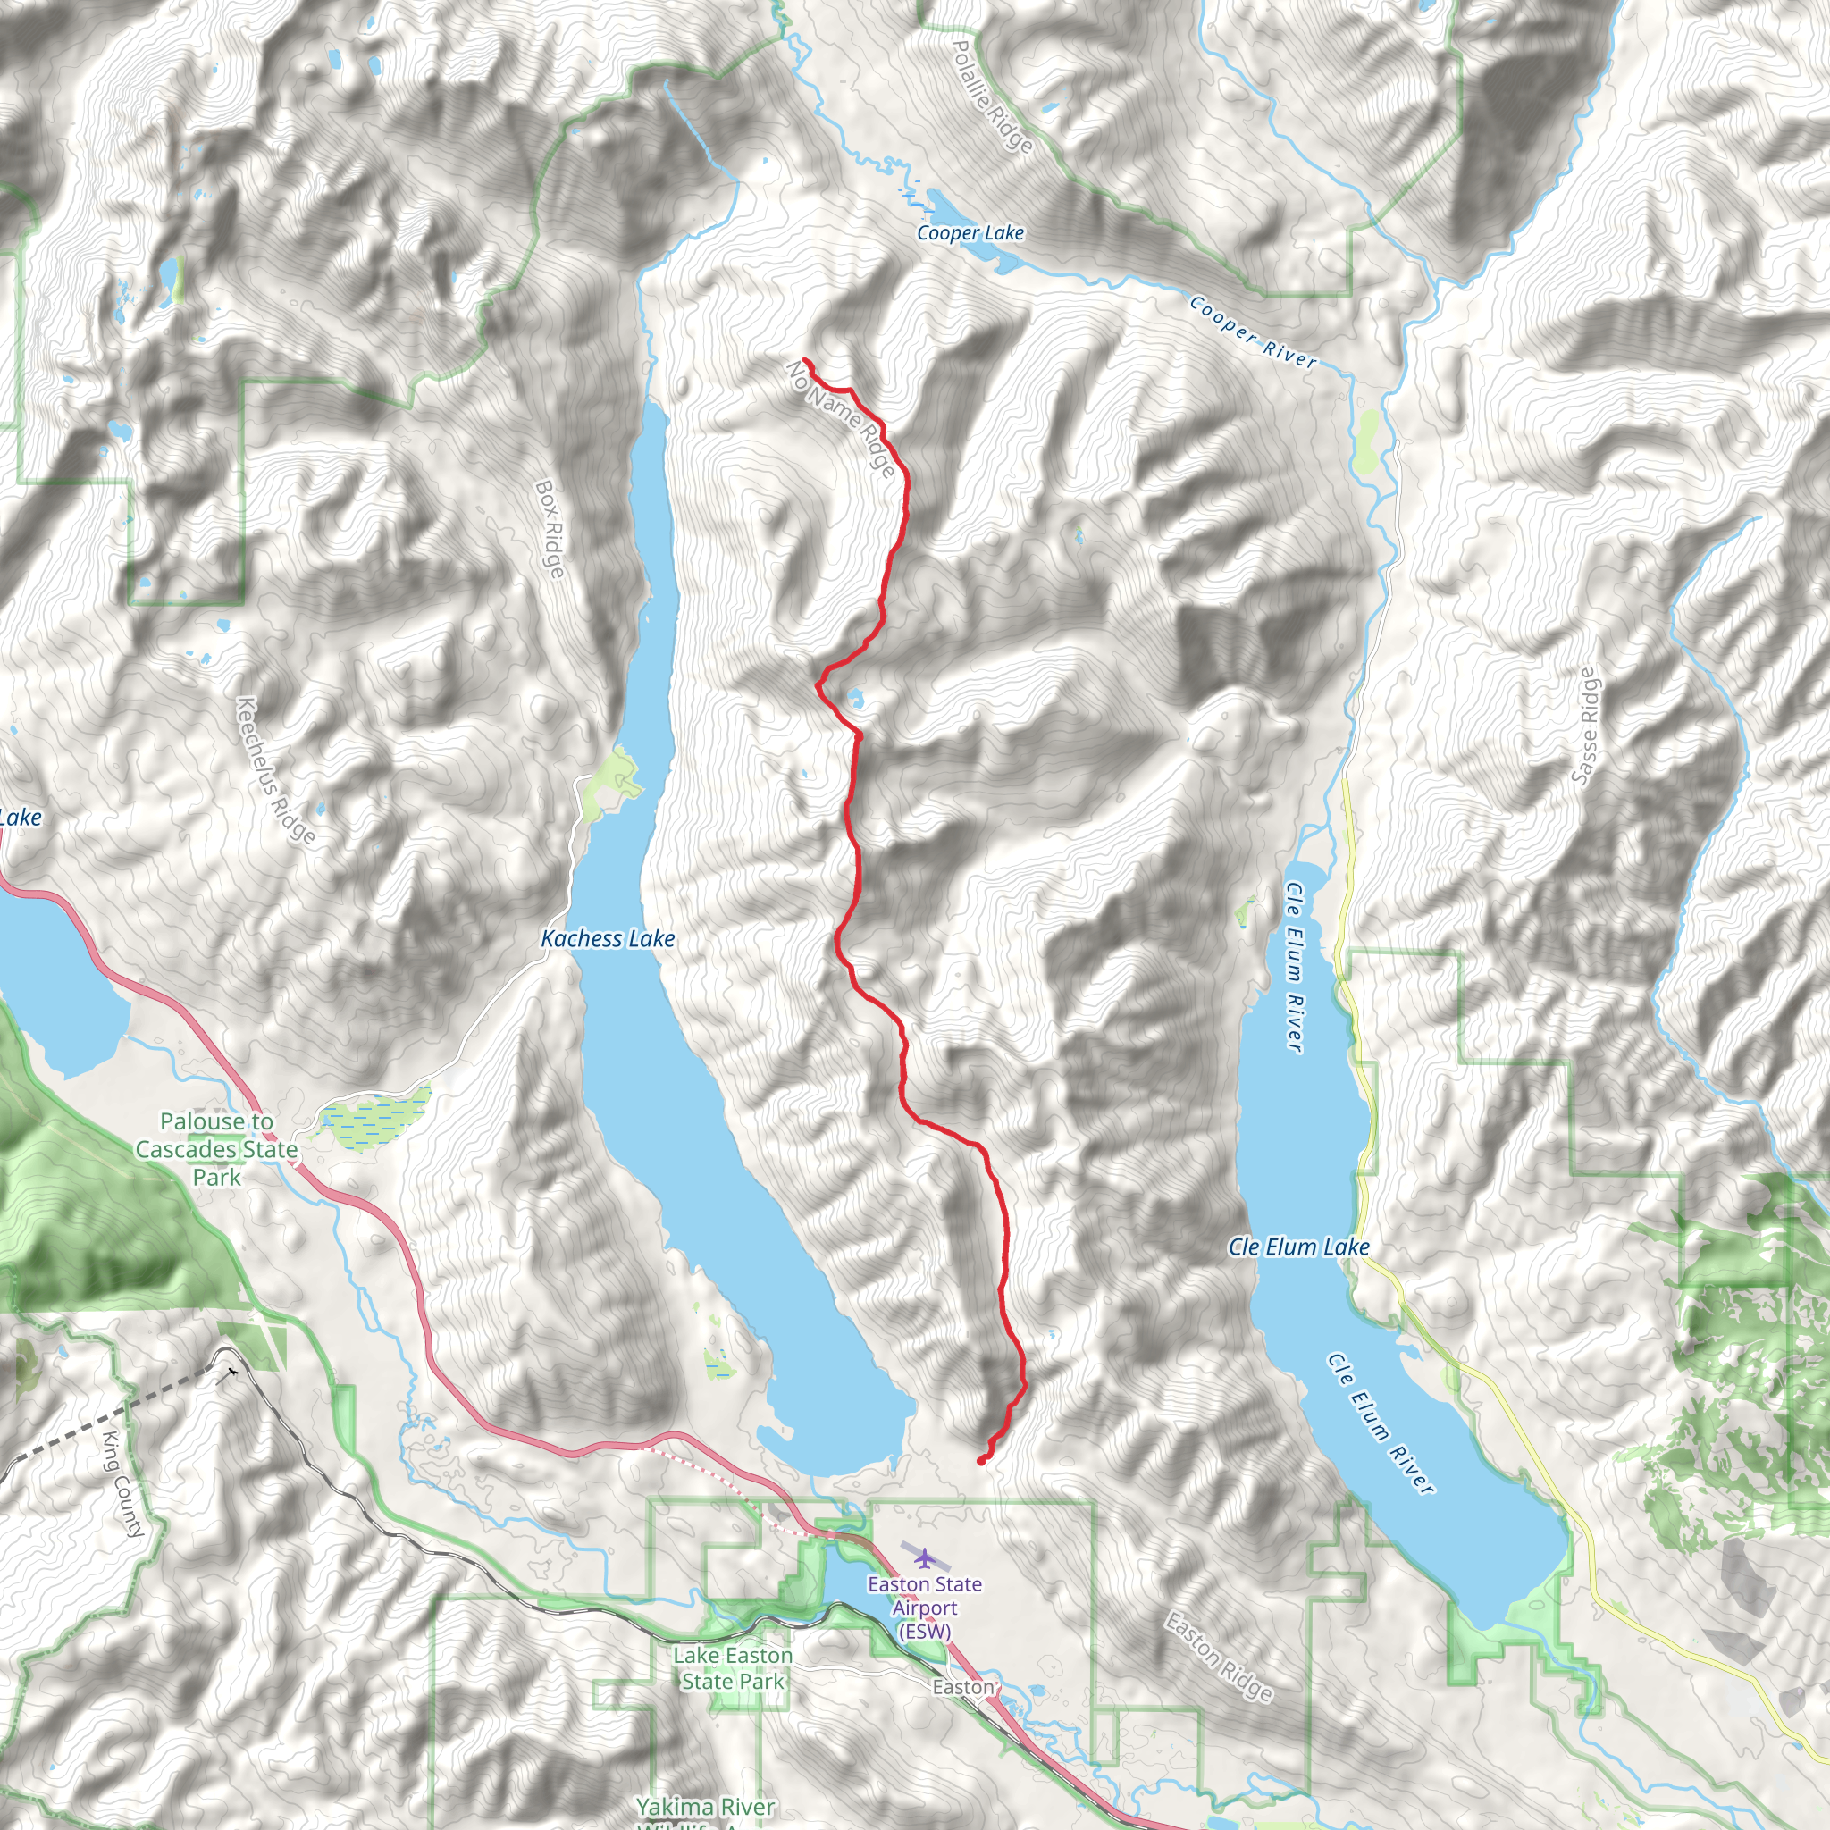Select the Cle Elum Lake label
[x=1298, y=1247]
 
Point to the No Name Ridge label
[x=840, y=417]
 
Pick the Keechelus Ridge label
[x=274, y=769]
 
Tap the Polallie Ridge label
[x=991, y=96]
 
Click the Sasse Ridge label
[x=1583, y=726]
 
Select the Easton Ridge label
[x=1218, y=1656]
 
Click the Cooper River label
[x=1252, y=332]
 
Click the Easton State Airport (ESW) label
[x=925, y=1608]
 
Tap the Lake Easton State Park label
[x=732, y=1668]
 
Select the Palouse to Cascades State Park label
[x=216, y=1149]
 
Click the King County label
[x=123, y=1483]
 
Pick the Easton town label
[x=962, y=1688]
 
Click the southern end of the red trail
[x=980, y=1462]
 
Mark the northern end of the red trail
[x=805, y=360]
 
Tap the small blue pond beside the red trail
[x=856, y=700]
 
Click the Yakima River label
[x=705, y=1806]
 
